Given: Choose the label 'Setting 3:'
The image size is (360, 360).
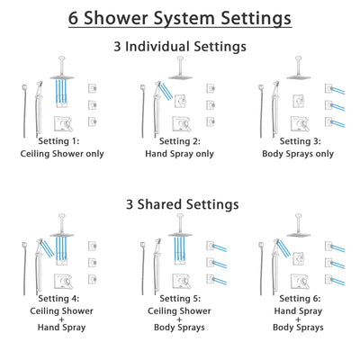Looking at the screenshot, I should [296, 140].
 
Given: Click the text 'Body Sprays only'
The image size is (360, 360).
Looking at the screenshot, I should [296, 153].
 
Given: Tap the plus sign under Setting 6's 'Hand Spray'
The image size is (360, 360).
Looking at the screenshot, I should [296, 316].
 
